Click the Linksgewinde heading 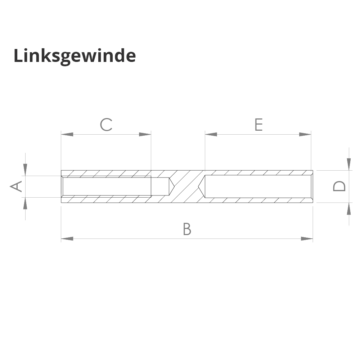coord(75,56)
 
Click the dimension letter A coord(16,186)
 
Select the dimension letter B coord(186,229)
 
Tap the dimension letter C coord(106,125)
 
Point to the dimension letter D coord(339,186)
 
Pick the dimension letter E coord(258,125)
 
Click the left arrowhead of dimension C coord(67,134)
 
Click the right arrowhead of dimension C coord(145,134)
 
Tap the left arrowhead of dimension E coord(211,134)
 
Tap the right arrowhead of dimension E coord(305,134)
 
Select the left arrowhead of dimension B coord(67,238)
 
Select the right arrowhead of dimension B coord(307,238)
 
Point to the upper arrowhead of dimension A coord(25,170)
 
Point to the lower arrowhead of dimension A coord(25,203)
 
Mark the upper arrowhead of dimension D coord(349,164)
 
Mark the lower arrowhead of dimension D coord(349,209)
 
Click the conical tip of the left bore coord(172,186)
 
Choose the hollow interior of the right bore coord(257,186)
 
